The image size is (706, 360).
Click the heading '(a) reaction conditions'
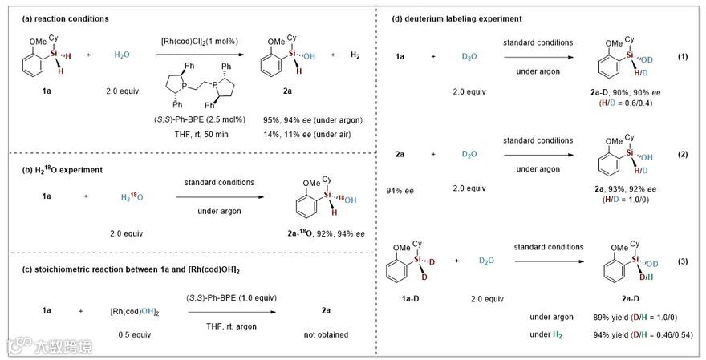pos(60,18)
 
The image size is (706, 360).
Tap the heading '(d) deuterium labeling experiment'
pos(455,18)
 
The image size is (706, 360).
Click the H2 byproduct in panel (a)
pos(355,55)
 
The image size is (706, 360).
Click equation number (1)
pos(684,57)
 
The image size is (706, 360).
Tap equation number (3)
pos(684,261)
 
